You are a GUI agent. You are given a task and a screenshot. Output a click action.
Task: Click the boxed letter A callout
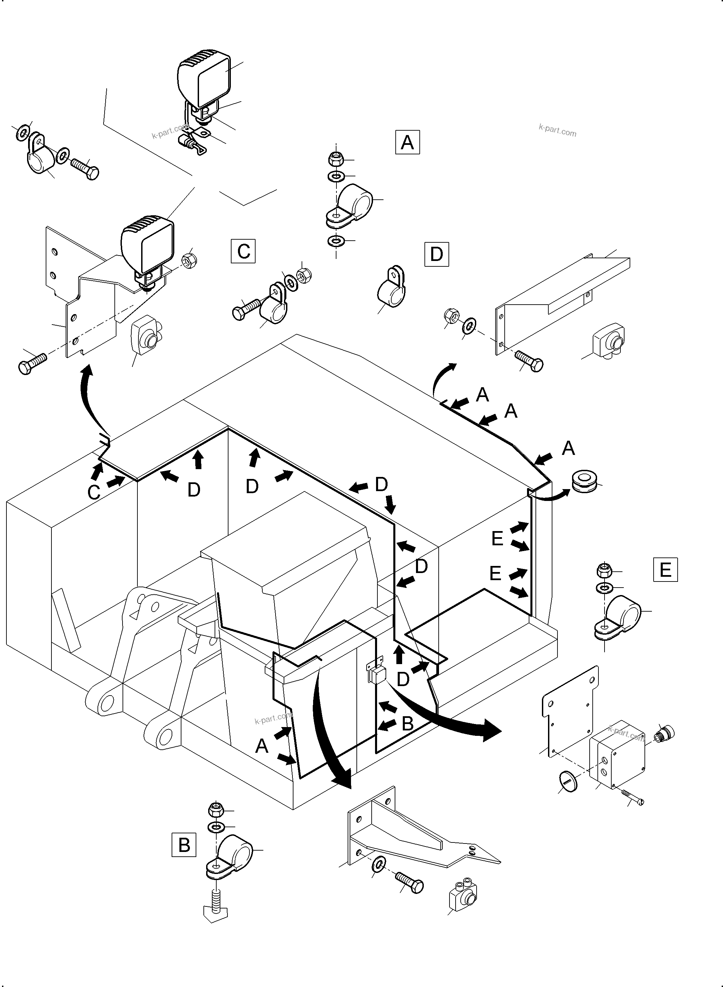coord(407,142)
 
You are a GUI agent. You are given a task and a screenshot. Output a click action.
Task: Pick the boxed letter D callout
coord(436,254)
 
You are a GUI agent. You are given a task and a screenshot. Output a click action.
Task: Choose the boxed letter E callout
coord(665,569)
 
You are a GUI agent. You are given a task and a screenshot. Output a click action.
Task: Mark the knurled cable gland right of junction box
coord(664,732)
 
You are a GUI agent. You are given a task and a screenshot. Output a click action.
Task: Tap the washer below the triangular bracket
coord(378,865)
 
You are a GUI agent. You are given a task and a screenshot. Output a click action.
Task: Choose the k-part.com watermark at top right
coord(557,130)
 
